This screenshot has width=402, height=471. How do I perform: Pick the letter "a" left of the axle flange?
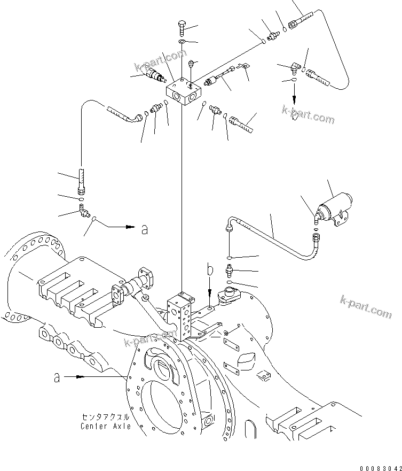coord(57,377)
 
